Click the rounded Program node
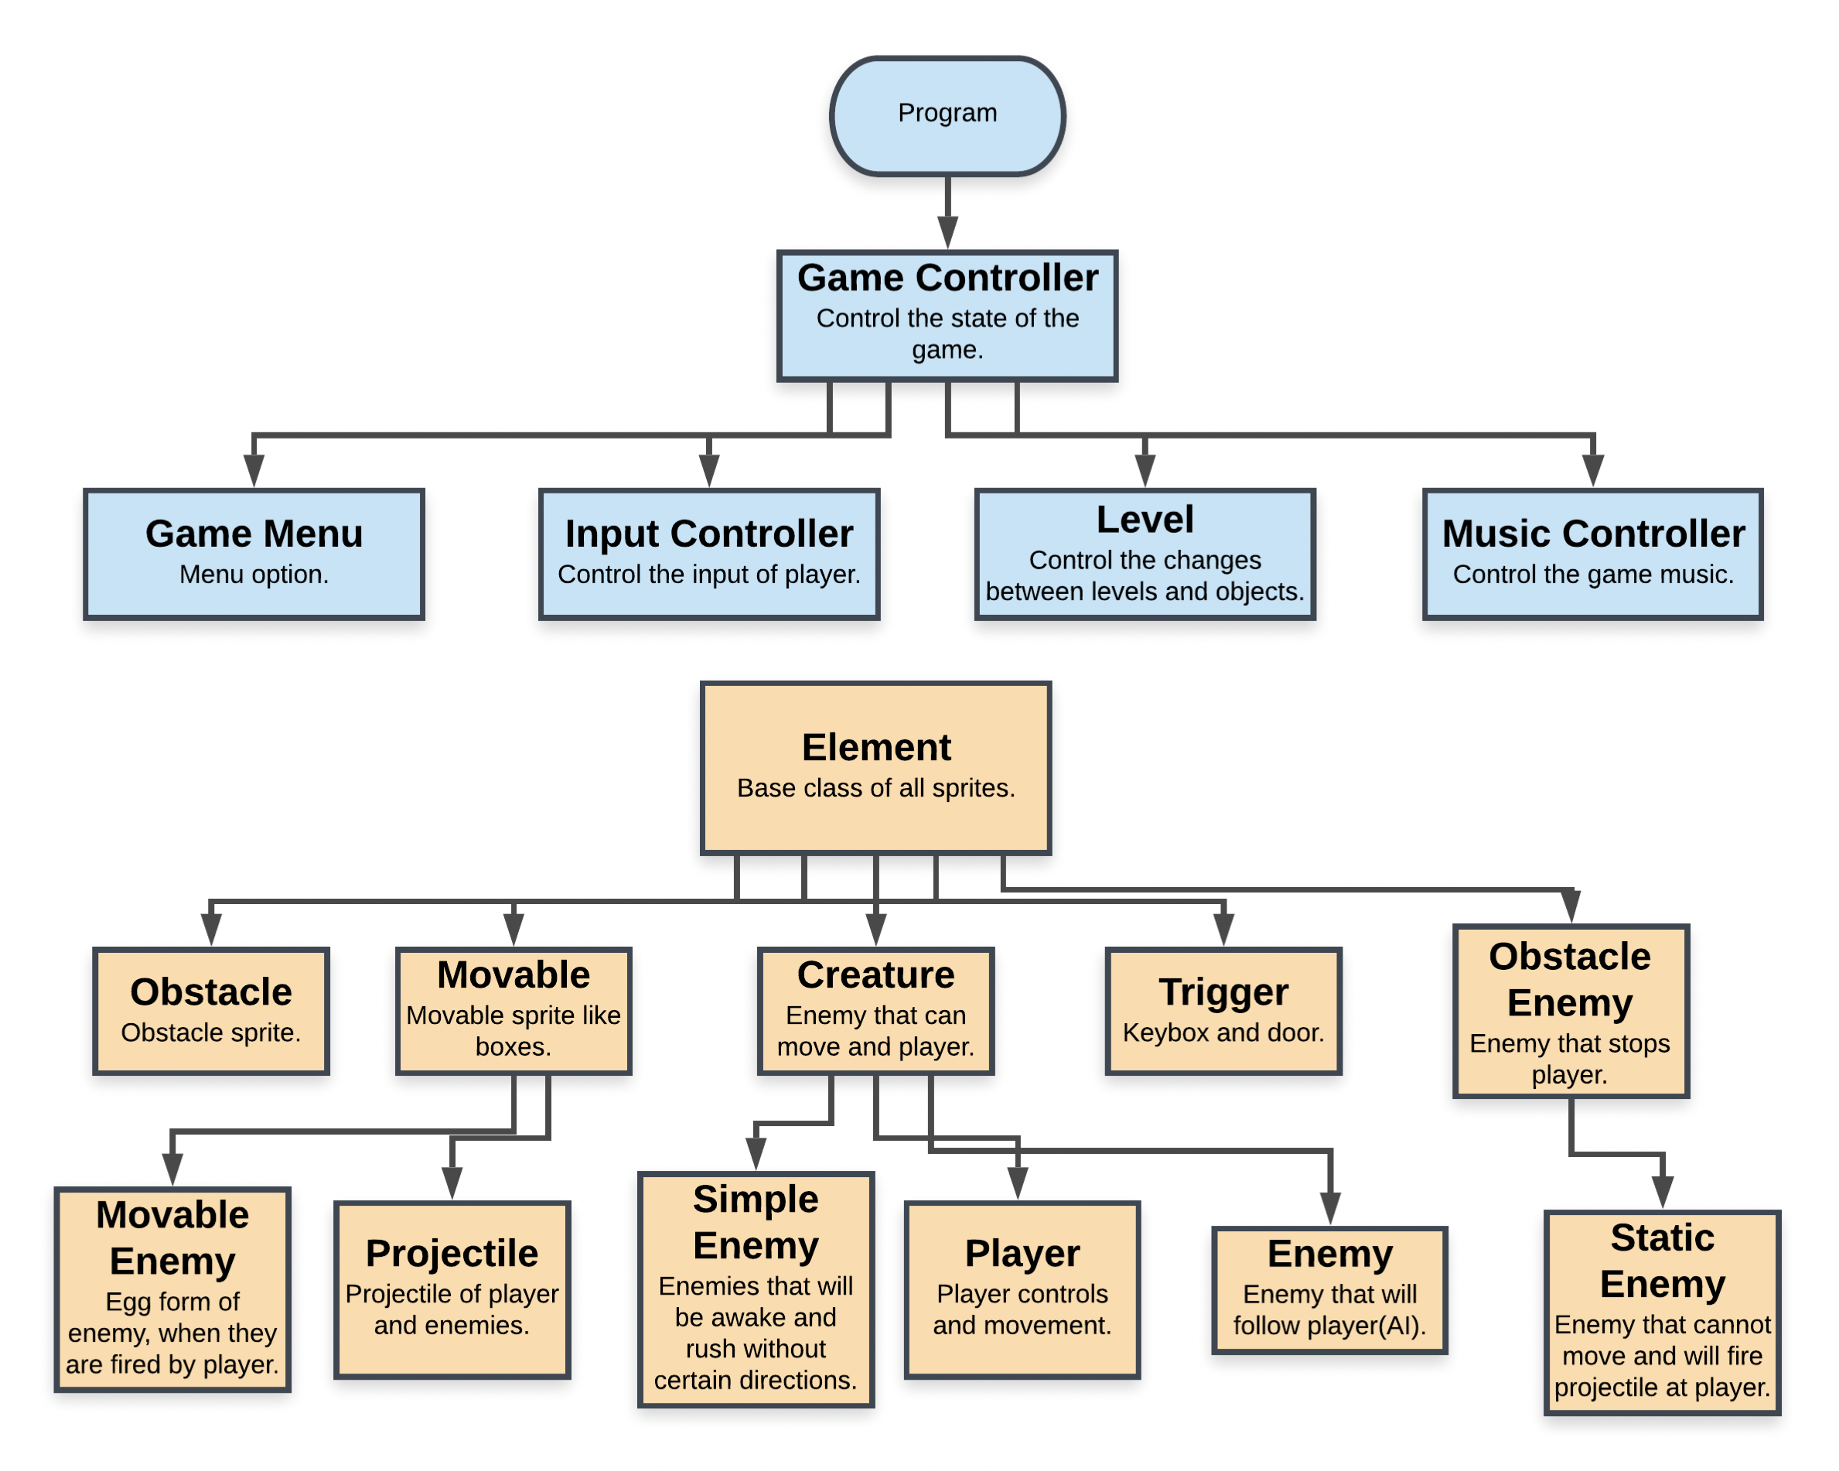coord(947,116)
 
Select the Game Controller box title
coord(947,278)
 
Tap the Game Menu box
coord(254,554)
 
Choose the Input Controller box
coord(709,554)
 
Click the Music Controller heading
coord(1592,534)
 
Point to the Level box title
coord(1145,519)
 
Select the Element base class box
coord(876,768)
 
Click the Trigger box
coord(1223,1010)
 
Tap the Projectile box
coord(452,1289)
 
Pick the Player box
coord(1022,1289)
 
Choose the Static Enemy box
coord(1662,1312)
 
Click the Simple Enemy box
coord(756,1289)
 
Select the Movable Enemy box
coord(172,1289)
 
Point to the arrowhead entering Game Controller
coord(947,232)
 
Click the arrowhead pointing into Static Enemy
coord(1662,1193)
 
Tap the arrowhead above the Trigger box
coord(1223,929)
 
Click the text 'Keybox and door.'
coord(1223,1032)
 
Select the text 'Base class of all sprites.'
coord(876,787)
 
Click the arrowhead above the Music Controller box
coord(1592,471)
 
